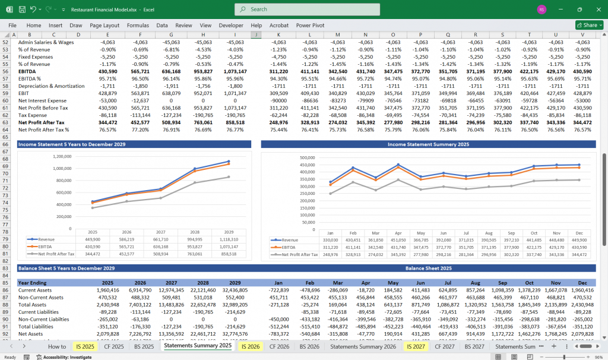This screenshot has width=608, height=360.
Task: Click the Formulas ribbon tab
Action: (x=138, y=26)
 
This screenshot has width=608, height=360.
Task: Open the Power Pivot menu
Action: (x=310, y=26)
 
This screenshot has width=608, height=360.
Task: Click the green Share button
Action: (x=589, y=26)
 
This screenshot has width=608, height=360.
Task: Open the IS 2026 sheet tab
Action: (x=250, y=346)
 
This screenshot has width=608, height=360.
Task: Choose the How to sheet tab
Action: (x=57, y=346)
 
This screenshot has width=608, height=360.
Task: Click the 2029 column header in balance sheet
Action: (x=236, y=283)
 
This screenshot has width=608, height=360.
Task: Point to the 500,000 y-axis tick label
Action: (x=307, y=158)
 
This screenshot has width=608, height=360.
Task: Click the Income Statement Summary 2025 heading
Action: (x=427, y=144)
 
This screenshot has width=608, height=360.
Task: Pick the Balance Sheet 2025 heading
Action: (x=427, y=269)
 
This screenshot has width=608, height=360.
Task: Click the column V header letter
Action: (x=582, y=35)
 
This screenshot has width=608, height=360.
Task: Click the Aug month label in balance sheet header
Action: (x=476, y=283)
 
